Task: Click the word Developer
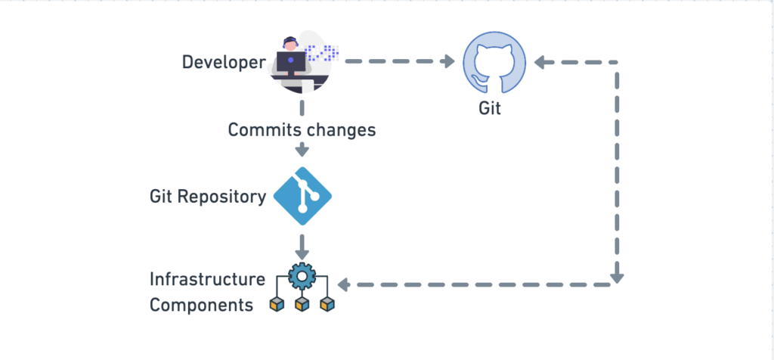[x=224, y=63]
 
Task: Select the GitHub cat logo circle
[x=494, y=62]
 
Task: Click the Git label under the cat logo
[x=490, y=107]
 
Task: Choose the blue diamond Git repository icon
[x=302, y=196]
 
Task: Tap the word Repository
[x=221, y=197]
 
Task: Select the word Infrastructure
[x=207, y=279]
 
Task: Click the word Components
[x=201, y=305]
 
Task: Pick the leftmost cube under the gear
[x=277, y=305]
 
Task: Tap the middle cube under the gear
[x=302, y=305]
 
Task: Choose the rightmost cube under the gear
[x=327, y=305]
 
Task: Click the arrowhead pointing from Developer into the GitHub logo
[x=448, y=61]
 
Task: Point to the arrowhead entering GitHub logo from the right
[x=540, y=62]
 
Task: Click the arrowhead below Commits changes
[x=302, y=151]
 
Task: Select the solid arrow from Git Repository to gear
[x=302, y=247]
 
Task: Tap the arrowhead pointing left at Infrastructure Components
[x=344, y=285]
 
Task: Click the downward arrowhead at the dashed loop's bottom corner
[x=617, y=279]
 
